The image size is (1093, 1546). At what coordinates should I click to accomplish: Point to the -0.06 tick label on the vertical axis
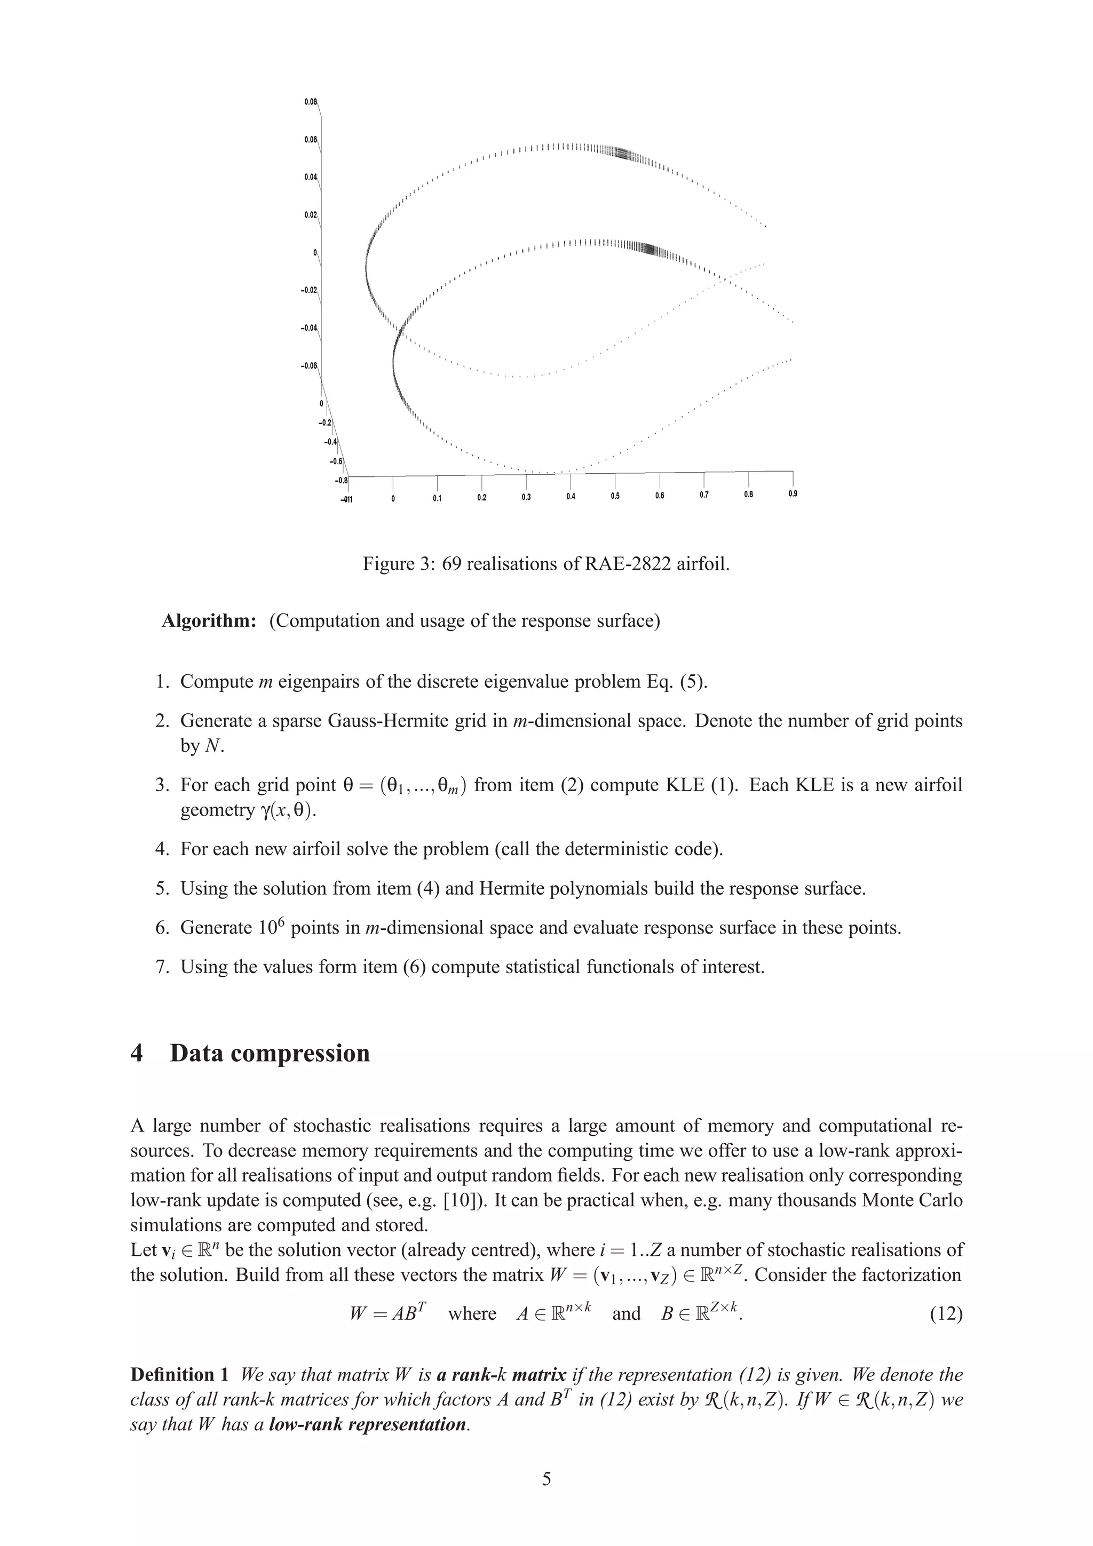[x=308, y=365]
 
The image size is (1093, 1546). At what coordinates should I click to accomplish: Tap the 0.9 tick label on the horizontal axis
[x=793, y=494]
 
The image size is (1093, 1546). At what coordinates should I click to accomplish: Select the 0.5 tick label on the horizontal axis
[x=615, y=496]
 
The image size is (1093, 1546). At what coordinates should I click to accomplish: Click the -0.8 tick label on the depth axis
[x=341, y=480]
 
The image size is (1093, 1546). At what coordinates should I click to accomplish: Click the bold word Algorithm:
[x=209, y=621]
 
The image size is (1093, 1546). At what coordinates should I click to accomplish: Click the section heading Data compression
[x=270, y=1053]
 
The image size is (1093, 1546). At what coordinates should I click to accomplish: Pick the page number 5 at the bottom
[x=546, y=1479]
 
